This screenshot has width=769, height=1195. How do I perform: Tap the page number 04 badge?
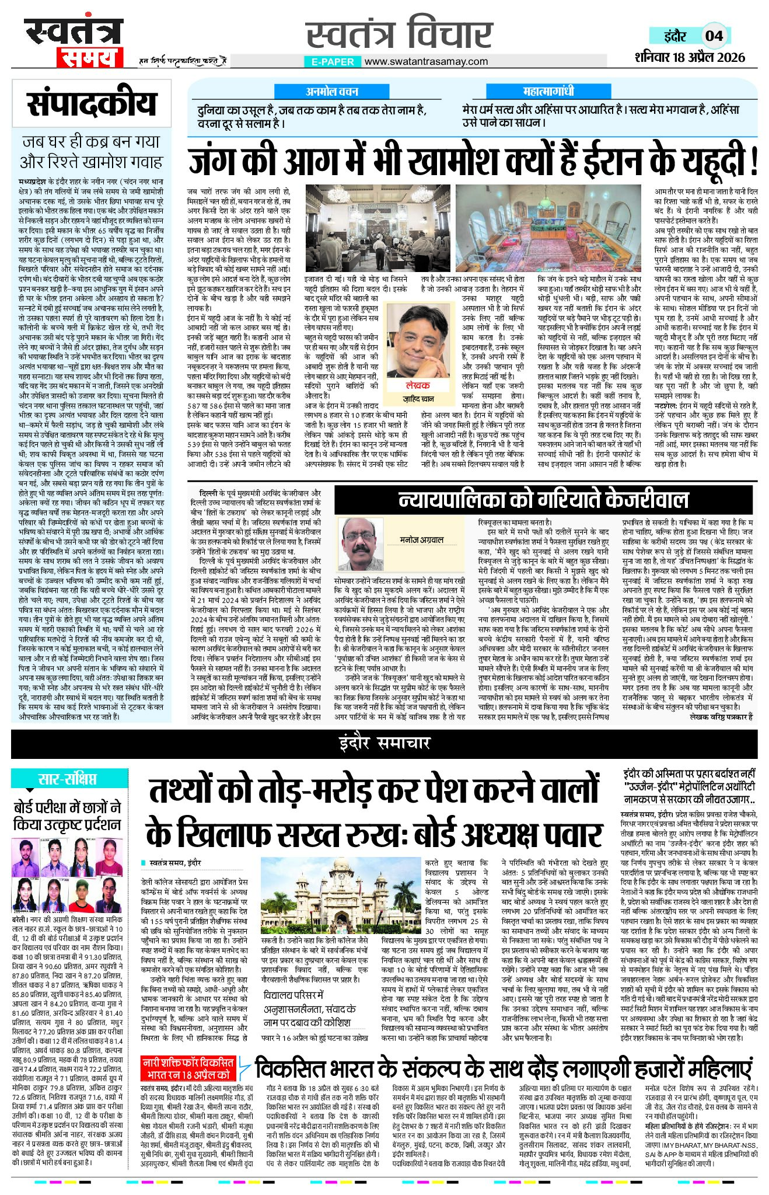point(714,36)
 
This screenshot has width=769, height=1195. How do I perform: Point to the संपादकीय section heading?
point(92,103)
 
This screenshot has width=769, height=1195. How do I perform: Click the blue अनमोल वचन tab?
point(332,91)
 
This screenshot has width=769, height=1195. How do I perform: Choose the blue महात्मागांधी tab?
point(548,91)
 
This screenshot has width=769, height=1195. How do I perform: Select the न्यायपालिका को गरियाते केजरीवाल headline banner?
point(543,500)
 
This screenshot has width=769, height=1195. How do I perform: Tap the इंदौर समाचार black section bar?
point(384,743)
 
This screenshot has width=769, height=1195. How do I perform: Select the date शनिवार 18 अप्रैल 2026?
point(690,57)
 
